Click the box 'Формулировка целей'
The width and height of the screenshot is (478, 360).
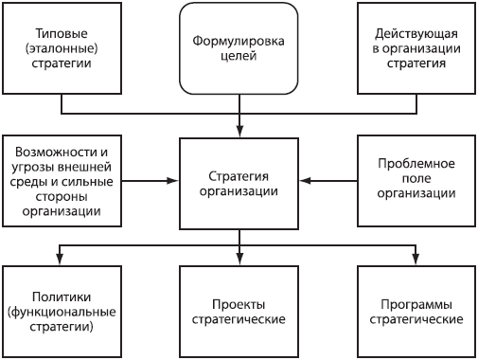pyautogui.click(x=239, y=48)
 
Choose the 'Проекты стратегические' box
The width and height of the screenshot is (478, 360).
pyautogui.click(x=239, y=312)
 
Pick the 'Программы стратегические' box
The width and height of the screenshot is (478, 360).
pyautogui.click(x=416, y=312)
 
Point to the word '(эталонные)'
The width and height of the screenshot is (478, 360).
pyautogui.click(x=62, y=48)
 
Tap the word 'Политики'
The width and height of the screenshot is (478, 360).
pyautogui.click(x=62, y=297)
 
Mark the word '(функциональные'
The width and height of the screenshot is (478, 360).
pyautogui.click(x=62, y=312)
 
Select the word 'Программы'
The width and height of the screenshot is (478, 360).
pyautogui.click(x=416, y=304)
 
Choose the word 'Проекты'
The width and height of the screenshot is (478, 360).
pyautogui.click(x=239, y=304)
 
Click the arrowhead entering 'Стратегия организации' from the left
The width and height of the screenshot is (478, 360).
pyautogui.click(x=174, y=180)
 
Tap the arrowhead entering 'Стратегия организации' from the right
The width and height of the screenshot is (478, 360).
pyautogui.click(x=305, y=180)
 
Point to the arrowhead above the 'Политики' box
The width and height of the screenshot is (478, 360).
pyautogui.click(x=62, y=261)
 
